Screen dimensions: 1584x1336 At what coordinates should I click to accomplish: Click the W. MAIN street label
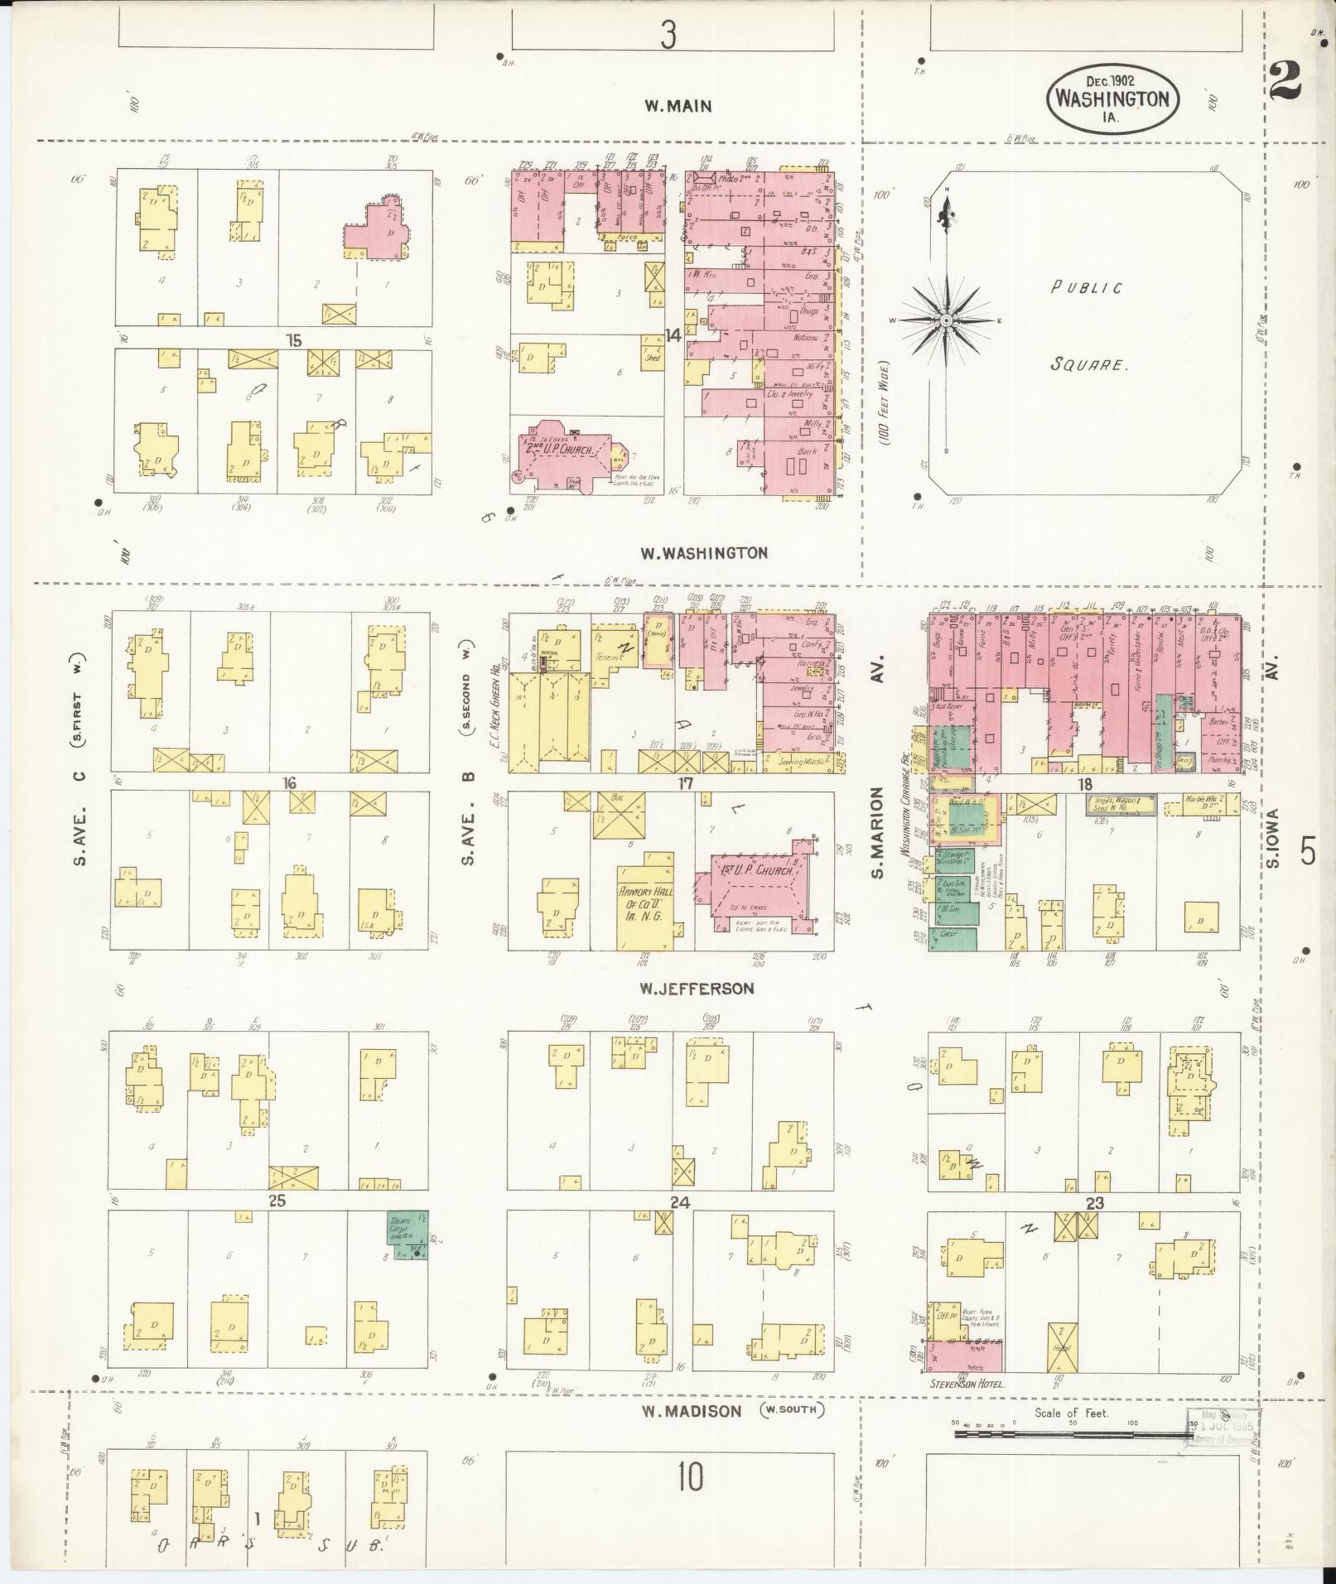point(678,106)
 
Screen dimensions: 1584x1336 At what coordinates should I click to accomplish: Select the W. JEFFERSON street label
point(696,988)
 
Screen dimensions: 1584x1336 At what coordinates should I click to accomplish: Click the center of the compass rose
point(945,320)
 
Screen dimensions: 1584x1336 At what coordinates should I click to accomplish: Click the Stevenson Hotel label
point(967,1384)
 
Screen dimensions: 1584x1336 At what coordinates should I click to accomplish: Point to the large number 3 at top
point(668,35)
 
